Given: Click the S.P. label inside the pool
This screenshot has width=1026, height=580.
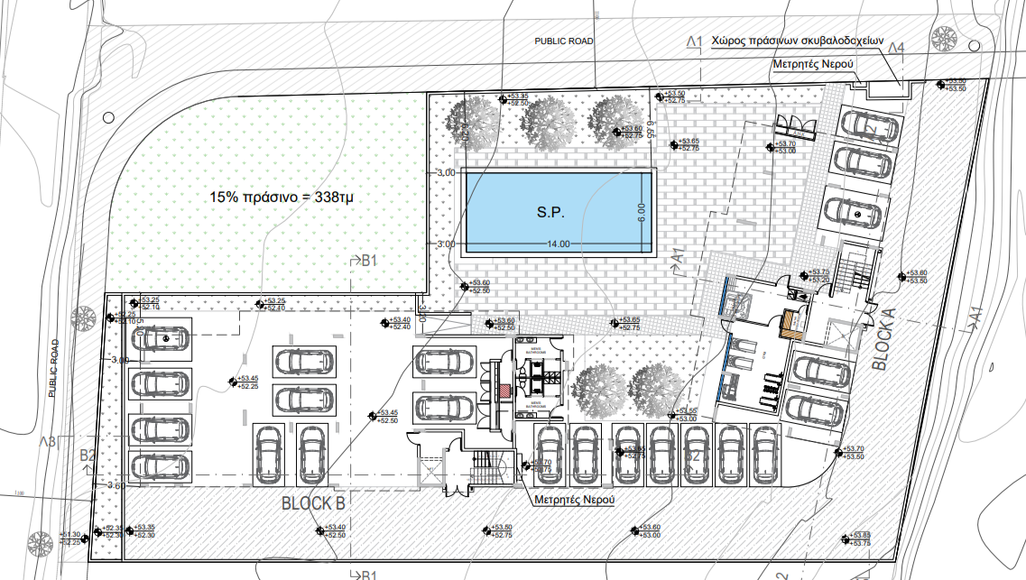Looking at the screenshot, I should pos(550,215).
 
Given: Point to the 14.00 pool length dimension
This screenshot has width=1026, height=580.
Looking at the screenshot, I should pos(558,244).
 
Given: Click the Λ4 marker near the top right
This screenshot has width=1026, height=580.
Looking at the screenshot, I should pos(896,48).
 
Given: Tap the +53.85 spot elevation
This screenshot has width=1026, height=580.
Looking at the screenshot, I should pos(860,536).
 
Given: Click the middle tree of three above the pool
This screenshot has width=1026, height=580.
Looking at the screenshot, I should pos(546,117).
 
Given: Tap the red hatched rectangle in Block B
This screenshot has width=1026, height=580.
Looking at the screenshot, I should pos(504,391).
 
